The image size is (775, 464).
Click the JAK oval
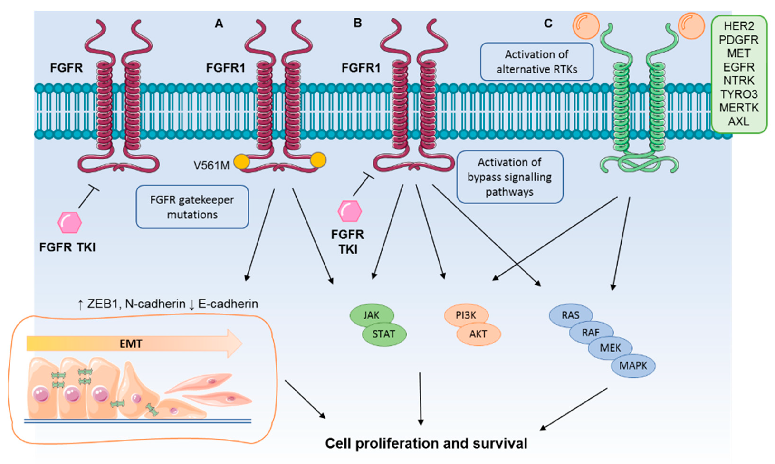click(x=371, y=315)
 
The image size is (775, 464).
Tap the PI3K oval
click(x=466, y=315)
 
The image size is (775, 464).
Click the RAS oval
click(x=570, y=315)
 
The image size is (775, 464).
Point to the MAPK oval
click(x=633, y=366)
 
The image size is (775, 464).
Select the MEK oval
click(x=610, y=348)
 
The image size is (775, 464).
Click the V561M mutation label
click(x=211, y=165)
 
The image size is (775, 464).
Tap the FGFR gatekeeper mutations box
click(x=192, y=207)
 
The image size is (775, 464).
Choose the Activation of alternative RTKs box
click(x=536, y=62)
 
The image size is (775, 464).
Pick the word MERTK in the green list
click(x=739, y=107)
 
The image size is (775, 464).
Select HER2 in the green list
click(x=739, y=26)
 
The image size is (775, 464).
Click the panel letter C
click(x=548, y=24)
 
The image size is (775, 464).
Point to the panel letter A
click(x=219, y=24)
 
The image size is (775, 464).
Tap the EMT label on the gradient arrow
click(x=131, y=344)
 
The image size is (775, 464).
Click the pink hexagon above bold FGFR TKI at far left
click(x=69, y=223)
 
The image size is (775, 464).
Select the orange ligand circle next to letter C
click(x=586, y=26)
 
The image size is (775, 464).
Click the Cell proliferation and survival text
click(x=426, y=443)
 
